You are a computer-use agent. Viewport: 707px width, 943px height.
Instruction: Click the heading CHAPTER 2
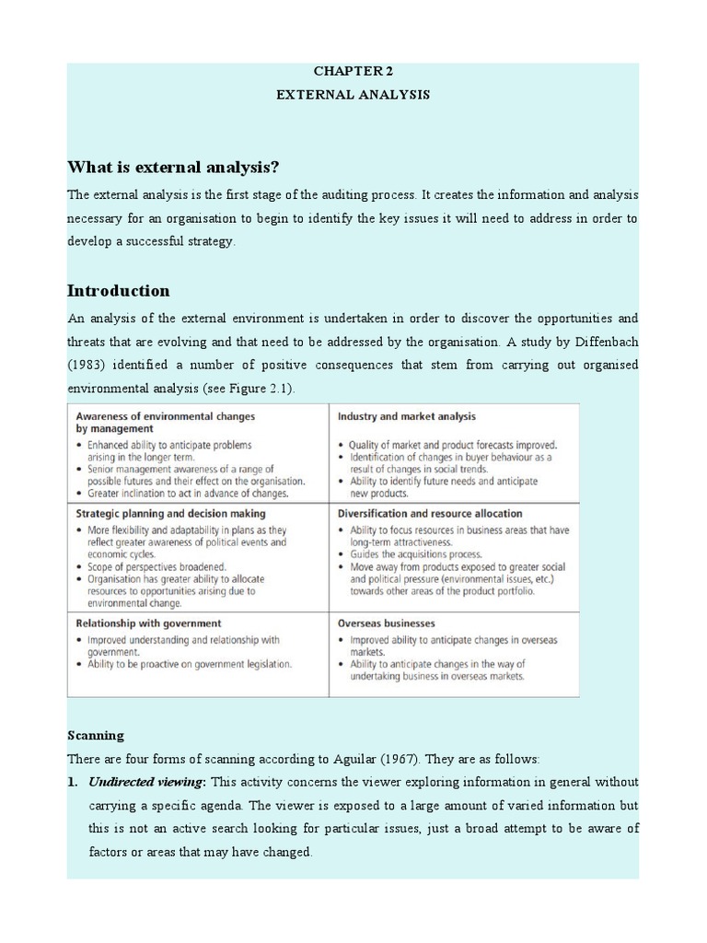click(353, 70)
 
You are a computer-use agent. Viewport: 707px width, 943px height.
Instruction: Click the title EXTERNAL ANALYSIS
click(353, 94)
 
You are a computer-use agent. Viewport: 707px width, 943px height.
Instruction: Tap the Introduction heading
click(119, 291)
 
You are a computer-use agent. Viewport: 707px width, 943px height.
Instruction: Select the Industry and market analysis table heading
click(406, 417)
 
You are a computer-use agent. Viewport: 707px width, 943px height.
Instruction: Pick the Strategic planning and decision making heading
click(170, 513)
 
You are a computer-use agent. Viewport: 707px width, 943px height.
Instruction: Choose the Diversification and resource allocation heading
click(430, 513)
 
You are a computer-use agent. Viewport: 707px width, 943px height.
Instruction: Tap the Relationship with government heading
click(148, 623)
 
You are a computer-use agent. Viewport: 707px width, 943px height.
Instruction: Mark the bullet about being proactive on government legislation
click(189, 664)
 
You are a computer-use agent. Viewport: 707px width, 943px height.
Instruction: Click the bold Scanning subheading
click(96, 736)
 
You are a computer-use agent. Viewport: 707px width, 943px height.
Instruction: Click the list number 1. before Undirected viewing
click(74, 782)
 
